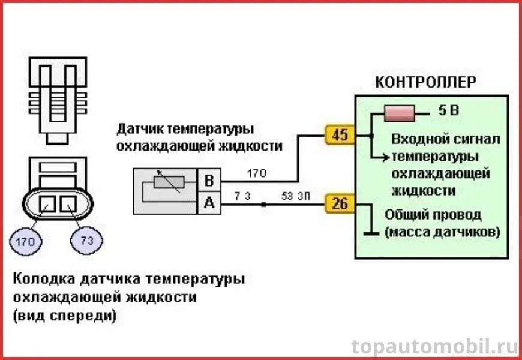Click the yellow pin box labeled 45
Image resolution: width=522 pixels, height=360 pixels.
tap(340, 135)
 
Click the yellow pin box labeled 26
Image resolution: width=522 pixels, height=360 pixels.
tap(340, 205)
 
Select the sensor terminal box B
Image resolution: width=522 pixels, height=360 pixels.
tap(209, 181)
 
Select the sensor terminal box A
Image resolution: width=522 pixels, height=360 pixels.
tap(209, 203)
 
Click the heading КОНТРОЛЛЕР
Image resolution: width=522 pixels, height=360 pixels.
tap(426, 82)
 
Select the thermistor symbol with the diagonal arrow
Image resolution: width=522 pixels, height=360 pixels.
tap(166, 182)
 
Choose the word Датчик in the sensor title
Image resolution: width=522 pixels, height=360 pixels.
tap(140, 129)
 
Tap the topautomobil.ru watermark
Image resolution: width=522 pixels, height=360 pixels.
tap(434, 346)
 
